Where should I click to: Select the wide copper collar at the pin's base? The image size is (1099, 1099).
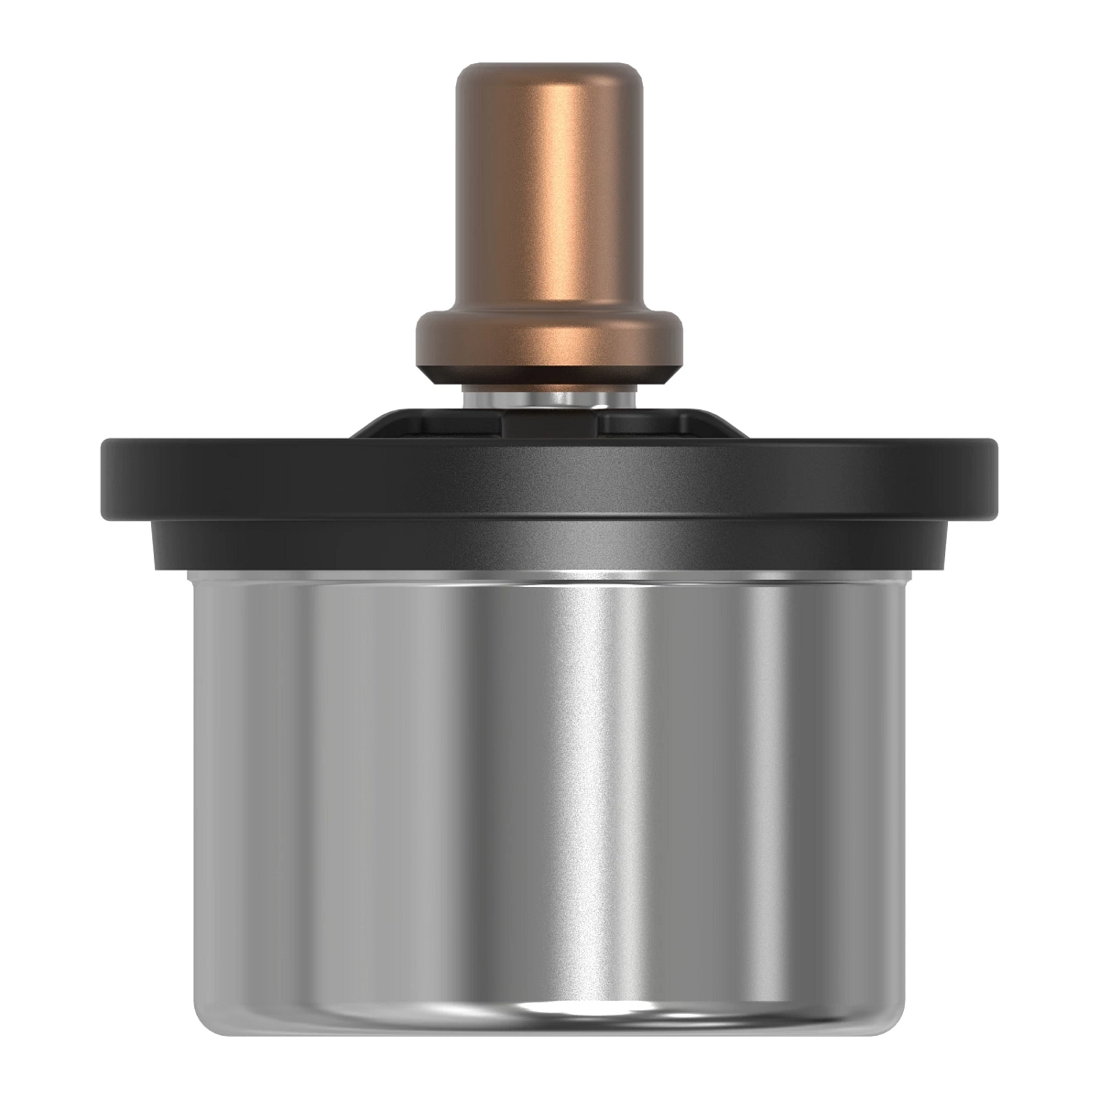click(x=549, y=339)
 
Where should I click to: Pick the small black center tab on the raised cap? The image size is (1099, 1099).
click(x=549, y=423)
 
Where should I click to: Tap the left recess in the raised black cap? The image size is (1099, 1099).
click(x=458, y=424)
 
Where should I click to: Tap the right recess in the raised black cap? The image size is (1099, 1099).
click(x=646, y=424)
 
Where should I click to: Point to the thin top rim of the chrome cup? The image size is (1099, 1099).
click(x=549, y=575)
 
